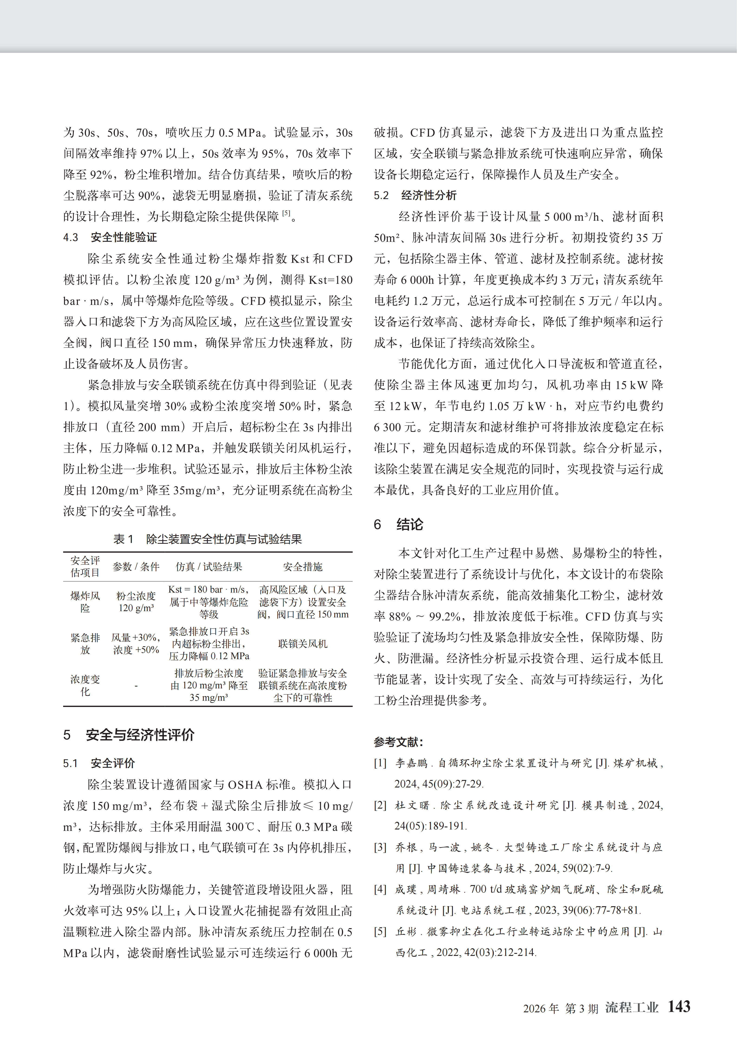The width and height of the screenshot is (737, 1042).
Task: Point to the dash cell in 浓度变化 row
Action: [x=136, y=686]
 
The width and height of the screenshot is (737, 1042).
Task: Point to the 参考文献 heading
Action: [x=398, y=742]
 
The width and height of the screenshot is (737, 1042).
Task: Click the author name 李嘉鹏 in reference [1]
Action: [x=411, y=763]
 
